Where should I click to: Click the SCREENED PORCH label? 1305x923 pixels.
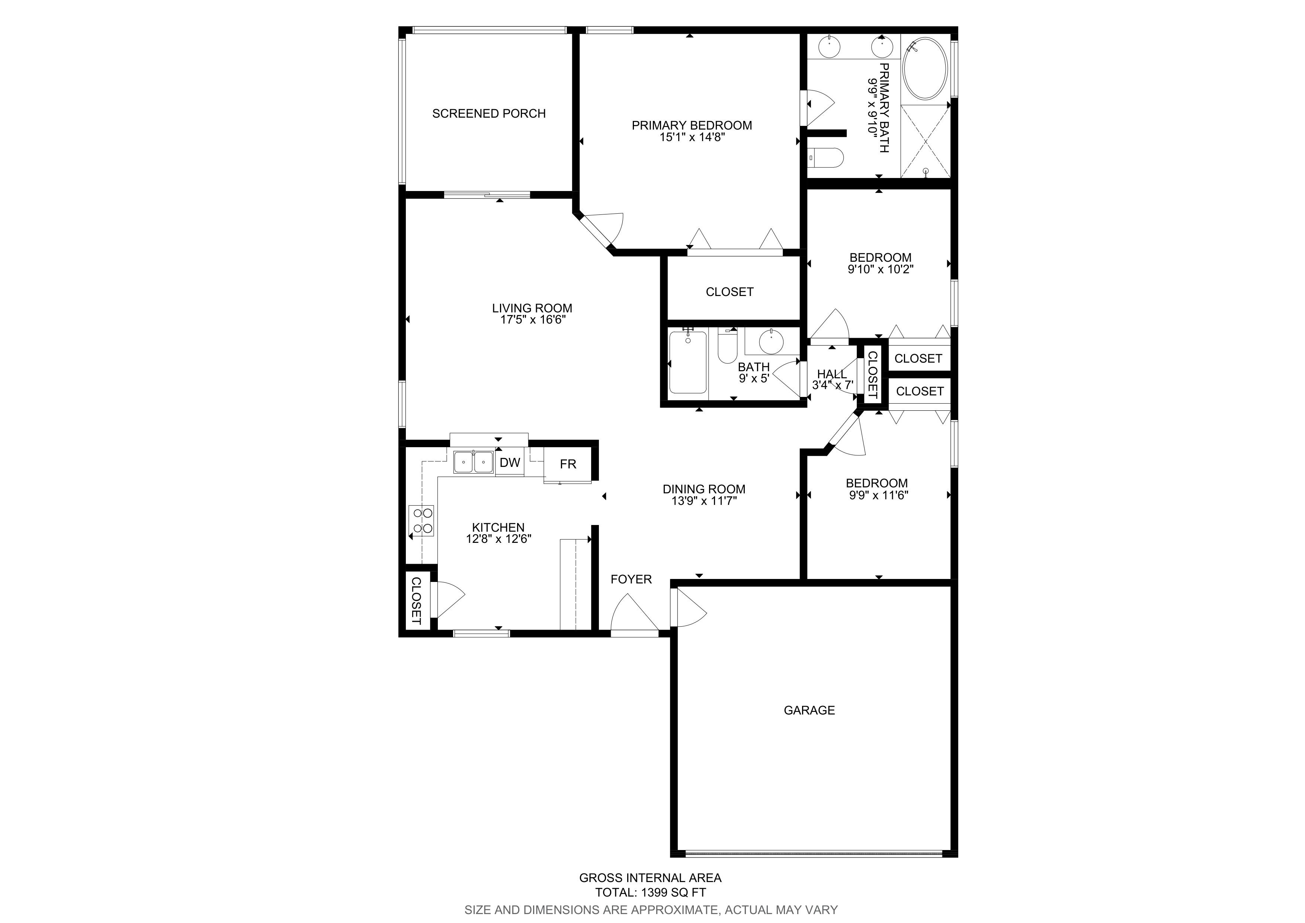pyautogui.click(x=489, y=114)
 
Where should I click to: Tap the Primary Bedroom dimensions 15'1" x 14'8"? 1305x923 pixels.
pyautogui.click(x=692, y=137)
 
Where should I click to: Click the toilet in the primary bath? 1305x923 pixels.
pyautogui.click(x=825, y=157)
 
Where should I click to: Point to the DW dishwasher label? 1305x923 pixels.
pyautogui.click(x=510, y=463)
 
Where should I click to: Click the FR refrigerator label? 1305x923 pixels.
pyautogui.click(x=568, y=464)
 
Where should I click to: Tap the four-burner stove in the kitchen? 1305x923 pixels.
pyautogui.click(x=421, y=521)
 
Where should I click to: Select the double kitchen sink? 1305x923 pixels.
pyautogui.click(x=474, y=462)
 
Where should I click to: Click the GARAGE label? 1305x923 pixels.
pyautogui.click(x=809, y=710)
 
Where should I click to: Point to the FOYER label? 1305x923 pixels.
pyautogui.click(x=631, y=579)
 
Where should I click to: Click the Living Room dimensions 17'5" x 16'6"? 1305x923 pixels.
pyautogui.click(x=533, y=320)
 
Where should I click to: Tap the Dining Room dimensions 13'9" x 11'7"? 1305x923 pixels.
pyautogui.click(x=704, y=501)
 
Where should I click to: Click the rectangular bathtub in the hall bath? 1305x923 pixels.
pyautogui.click(x=688, y=362)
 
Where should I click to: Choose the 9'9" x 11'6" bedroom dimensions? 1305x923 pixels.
pyautogui.click(x=879, y=495)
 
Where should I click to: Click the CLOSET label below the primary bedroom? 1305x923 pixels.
pyautogui.click(x=730, y=292)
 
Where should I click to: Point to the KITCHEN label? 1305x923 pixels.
pyautogui.click(x=498, y=528)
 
